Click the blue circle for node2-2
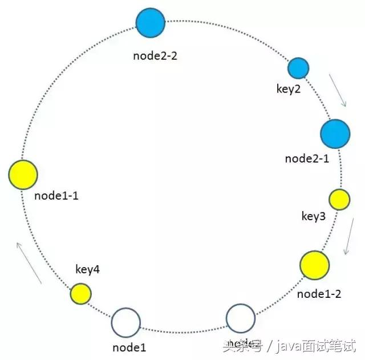(x=151, y=23)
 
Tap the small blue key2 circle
(x=298, y=68)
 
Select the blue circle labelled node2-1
(x=334, y=134)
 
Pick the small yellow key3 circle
(x=339, y=200)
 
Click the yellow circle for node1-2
(x=314, y=265)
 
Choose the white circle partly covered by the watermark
(x=241, y=319)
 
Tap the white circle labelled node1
(x=125, y=323)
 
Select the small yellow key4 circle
(x=80, y=294)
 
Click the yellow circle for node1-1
(x=23, y=175)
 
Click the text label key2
(x=288, y=90)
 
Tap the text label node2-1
(x=307, y=159)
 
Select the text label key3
(x=314, y=217)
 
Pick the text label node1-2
(x=319, y=294)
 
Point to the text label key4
(x=87, y=269)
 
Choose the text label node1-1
(x=56, y=196)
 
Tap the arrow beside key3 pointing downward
(x=347, y=238)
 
